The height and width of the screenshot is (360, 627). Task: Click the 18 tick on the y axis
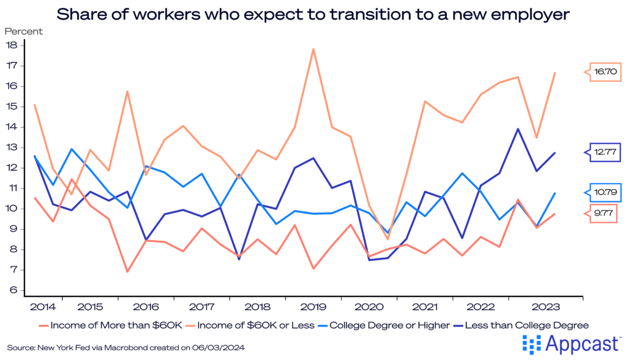(10, 45)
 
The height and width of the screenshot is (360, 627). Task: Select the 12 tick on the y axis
(10, 168)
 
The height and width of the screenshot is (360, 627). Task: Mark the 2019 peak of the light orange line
(313, 49)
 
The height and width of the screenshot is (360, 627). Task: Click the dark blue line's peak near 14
(518, 129)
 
